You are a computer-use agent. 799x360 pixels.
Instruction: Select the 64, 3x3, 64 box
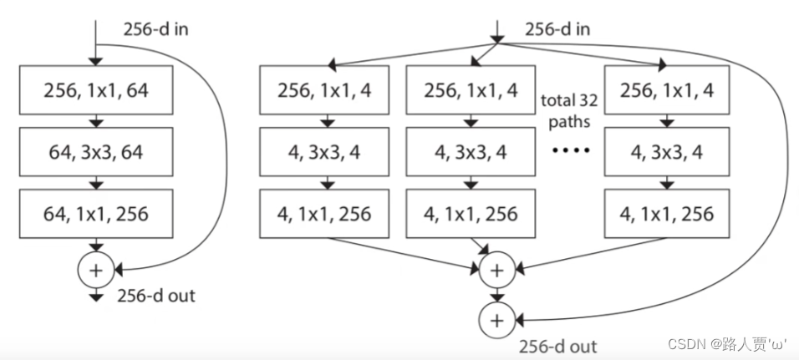(96, 151)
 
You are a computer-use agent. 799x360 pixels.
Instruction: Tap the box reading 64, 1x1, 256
(96, 214)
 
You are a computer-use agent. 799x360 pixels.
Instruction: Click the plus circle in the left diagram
(94, 270)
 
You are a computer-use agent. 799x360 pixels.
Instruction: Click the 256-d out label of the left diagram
(156, 296)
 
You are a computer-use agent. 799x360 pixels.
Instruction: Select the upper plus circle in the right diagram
(496, 270)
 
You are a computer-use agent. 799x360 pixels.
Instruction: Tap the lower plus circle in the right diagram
(496, 319)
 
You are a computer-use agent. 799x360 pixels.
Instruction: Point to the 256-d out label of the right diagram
(557, 346)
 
